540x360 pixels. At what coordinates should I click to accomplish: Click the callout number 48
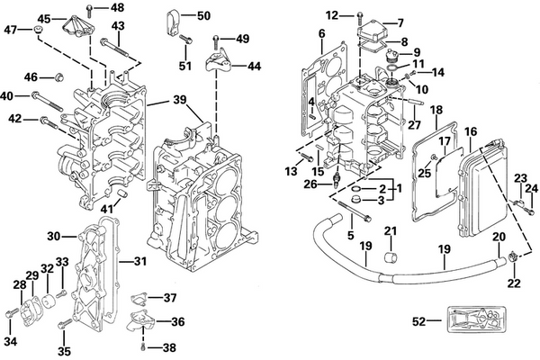coord(118,8)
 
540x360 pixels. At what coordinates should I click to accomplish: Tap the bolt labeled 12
coord(359,15)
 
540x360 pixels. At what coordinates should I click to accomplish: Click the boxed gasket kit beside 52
coord(475,319)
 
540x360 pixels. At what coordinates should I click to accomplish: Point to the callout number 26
coord(310,185)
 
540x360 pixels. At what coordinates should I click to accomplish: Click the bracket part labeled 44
coord(215,64)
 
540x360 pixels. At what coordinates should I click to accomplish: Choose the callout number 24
coord(530,188)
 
